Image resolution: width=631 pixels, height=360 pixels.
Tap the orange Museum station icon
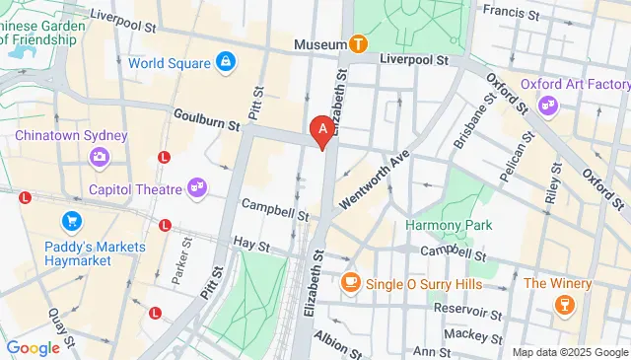(x=358, y=44)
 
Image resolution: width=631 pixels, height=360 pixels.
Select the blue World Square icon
(x=226, y=63)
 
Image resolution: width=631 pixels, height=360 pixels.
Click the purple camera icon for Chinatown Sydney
(x=99, y=156)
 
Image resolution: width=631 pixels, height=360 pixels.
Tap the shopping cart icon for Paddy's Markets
(x=71, y=221)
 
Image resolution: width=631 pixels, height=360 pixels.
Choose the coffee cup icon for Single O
(x=349, y=283)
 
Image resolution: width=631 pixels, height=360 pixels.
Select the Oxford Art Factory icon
(x=548, y=105)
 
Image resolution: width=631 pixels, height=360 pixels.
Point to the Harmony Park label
(x=449, y=225)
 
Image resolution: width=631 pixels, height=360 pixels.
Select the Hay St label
(x=245, y=242)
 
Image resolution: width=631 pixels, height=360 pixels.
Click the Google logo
(x=33, y=347)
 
